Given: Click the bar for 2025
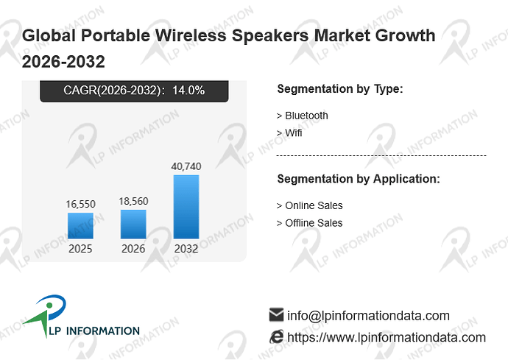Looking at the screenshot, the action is (80, 225).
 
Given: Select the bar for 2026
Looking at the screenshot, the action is (133, 224).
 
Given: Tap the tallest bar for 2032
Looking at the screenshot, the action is (186, 207).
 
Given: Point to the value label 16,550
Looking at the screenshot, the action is (81, 204).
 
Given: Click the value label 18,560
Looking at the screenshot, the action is (133, 201).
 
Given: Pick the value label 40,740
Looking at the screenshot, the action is (186, 166).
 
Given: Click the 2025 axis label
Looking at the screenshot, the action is (80, 249).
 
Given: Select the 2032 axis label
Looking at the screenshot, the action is (186, 249).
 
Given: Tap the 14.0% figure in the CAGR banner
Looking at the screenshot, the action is (188, 90).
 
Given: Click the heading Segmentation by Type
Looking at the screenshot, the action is (340, 89).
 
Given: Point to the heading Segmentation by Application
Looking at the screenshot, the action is (359, 179).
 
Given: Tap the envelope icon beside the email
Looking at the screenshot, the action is (276, 314).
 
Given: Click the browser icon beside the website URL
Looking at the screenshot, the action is (276, 336).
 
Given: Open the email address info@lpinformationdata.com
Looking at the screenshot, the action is (368, 316).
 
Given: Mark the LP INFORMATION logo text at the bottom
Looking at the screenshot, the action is (94, 331).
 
